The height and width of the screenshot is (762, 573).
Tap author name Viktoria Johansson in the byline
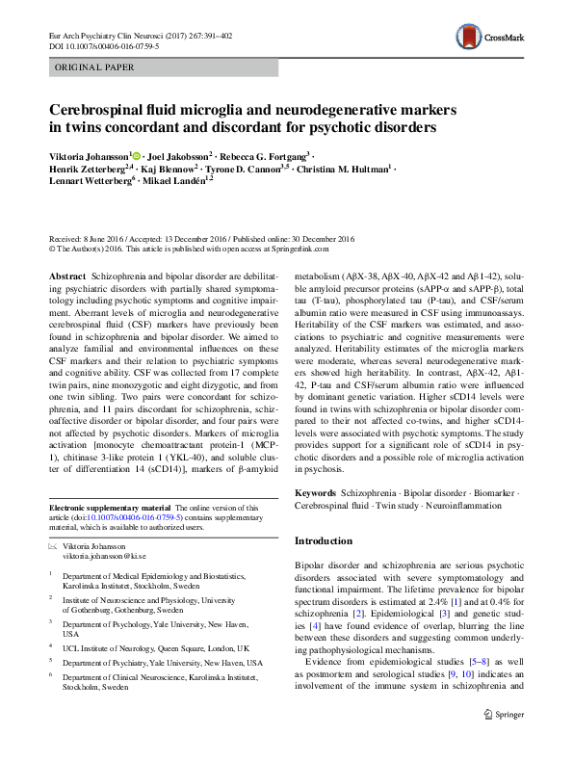click(89, 155)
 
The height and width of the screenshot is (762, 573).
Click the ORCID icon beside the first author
click(137, 155)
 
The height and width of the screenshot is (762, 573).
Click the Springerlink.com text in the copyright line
click(297, 248)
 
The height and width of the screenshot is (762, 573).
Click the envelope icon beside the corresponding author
click(53, 545)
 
